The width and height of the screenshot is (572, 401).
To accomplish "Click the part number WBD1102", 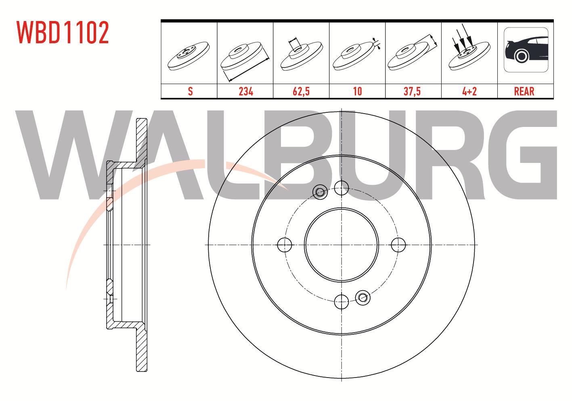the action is click(63, 32).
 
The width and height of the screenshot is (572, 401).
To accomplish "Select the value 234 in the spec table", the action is click(246, 91).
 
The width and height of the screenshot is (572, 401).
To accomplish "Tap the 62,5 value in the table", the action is click(301, 91).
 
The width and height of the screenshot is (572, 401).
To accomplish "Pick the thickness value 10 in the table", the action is click(357, 91).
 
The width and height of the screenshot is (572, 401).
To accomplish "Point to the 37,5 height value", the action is click(412, 91).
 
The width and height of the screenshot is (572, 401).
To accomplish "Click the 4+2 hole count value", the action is click(469, 91).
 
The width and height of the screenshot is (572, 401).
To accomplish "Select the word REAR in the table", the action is click(524, 91).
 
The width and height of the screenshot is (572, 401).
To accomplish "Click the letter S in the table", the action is click(190, 91).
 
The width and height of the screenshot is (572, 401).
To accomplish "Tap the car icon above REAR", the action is click(526, 50).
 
